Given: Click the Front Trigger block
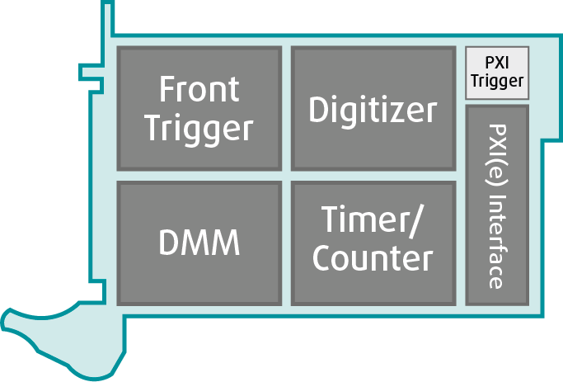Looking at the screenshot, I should (199, 108).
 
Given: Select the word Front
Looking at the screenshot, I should (199, 88).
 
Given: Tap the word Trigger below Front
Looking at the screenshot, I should (199, 129).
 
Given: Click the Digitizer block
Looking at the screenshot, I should (373, 108).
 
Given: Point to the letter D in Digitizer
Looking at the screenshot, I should (319, 109).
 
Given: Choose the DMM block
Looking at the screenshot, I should (199, 243).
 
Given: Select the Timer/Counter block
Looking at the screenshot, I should (373, 243).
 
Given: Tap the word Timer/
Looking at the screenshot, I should (373, 222).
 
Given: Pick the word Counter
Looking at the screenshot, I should (373, 259).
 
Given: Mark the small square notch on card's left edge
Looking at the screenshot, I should (88, 72).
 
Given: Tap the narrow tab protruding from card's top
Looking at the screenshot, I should (106, 17).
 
